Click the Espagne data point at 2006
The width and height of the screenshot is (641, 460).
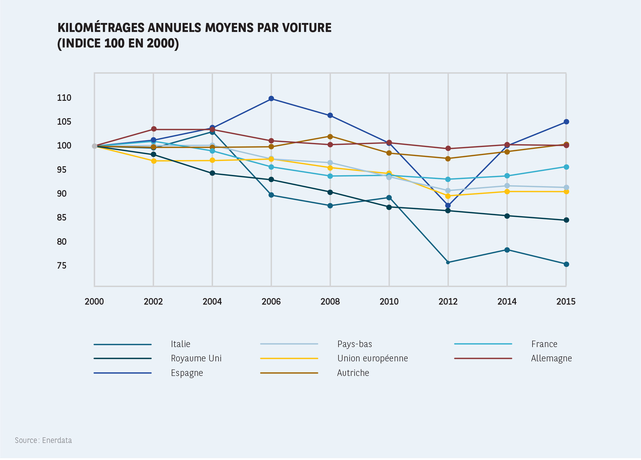pos(271,99)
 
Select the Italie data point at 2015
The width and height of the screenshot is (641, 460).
pos(566,264)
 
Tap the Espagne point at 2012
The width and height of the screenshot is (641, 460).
pos(448,205)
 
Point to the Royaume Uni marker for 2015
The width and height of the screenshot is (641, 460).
pos(566,220)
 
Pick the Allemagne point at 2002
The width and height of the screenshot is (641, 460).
pos(153,129)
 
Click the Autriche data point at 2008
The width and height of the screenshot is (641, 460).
pos(330,136)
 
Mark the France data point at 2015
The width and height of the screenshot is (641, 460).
pos(566,167)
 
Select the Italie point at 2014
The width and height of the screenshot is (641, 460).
pos(507,250)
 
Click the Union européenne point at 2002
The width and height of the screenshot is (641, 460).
pos(153,161)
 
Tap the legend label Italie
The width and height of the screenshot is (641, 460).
pos(180,344)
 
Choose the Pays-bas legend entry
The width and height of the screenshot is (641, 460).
pos(354,344)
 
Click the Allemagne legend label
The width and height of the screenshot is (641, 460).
pos(551,359)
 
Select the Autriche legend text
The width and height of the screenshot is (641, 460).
pos(353,373)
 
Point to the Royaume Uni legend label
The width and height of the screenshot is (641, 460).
pos(196,359)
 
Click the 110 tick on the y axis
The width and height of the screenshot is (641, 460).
pos(64,98)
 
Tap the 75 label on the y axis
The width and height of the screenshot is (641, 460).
pos(62,266)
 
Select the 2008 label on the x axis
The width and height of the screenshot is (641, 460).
pos(330,301)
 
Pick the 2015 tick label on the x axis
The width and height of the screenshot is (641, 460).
pos(566,301)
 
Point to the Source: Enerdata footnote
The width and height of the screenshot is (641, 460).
pos(43,440)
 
